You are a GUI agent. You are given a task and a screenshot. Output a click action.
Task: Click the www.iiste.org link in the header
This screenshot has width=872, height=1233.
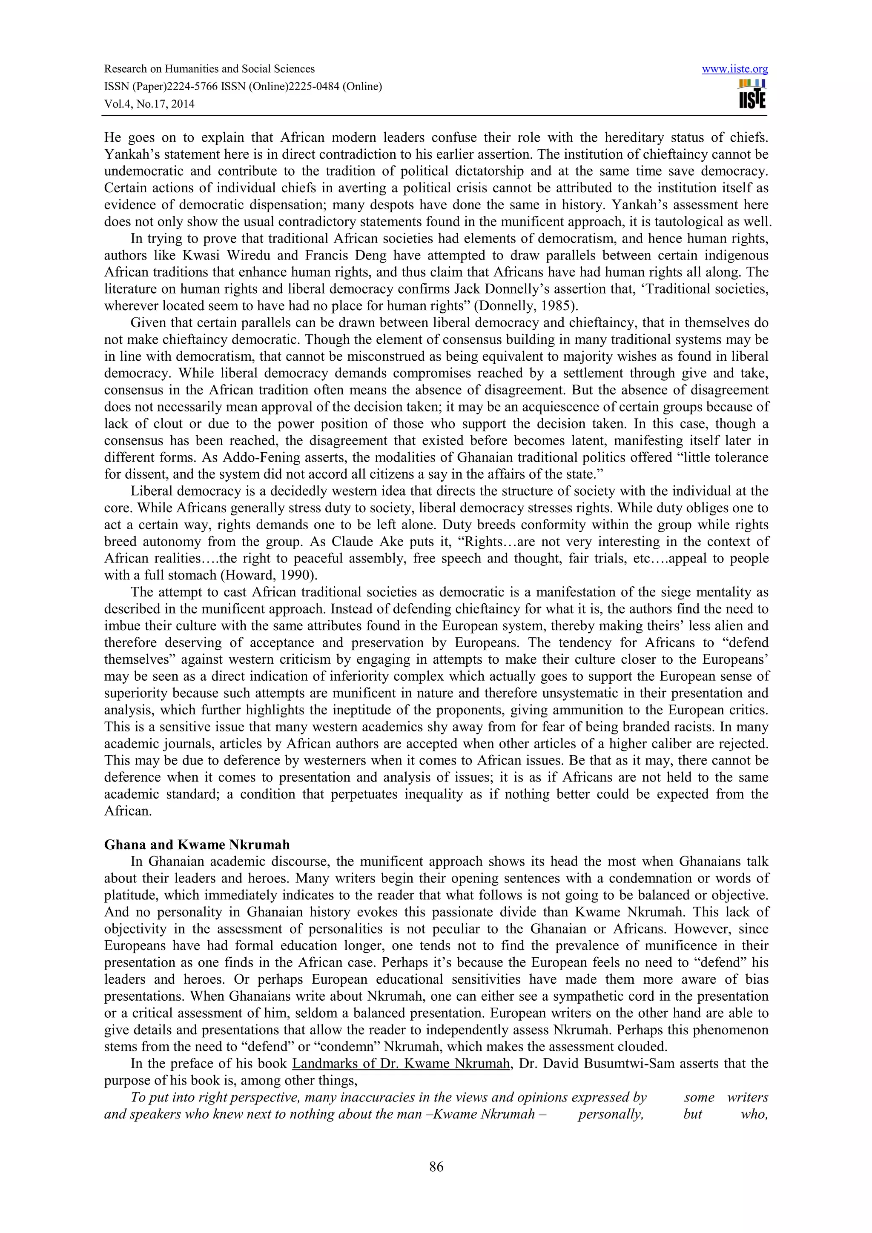point(734,69)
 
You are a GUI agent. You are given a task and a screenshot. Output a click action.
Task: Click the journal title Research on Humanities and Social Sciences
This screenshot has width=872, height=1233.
point(209,69)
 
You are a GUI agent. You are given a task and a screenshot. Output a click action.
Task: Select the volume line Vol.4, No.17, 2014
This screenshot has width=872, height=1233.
point(149,104)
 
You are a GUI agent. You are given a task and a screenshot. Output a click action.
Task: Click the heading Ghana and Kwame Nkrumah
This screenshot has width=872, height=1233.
point(197,844)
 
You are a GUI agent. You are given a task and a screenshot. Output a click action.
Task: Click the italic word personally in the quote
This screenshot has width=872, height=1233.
point(610,1114)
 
